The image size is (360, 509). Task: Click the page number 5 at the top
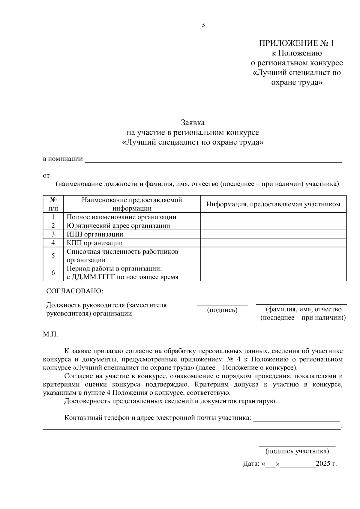[203, 25]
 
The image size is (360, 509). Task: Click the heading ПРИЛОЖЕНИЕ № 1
[296, 43]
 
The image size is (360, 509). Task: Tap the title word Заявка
[192, 123]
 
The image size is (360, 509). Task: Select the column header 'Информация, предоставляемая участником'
[273, 204]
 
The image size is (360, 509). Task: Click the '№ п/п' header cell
[53, 204]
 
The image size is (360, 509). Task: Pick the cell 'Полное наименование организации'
[121, 217]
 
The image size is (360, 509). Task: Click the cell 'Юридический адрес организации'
[118, 226]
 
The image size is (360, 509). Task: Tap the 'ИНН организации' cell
[95, 234]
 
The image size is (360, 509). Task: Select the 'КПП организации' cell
[94, 243]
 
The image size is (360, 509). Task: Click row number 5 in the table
[53, 256]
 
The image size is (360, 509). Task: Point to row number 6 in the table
[53, 273]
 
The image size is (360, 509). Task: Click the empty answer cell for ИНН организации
[273, 234]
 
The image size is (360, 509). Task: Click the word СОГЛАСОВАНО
[74, 291]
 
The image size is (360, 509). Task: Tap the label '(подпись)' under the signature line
[222, 310]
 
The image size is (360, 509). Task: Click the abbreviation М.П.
[50, 334]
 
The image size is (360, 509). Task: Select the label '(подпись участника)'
[297, 451]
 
